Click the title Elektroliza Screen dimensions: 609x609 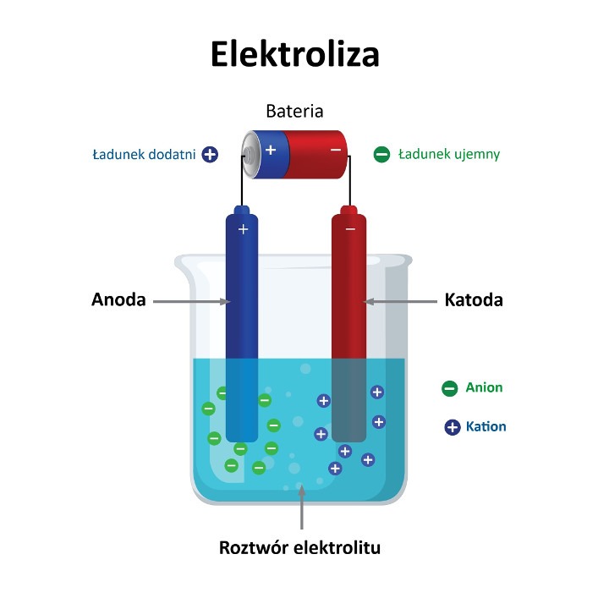coord(294,53)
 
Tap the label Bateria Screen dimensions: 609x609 coord(294,111)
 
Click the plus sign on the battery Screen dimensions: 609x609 coord(271,150)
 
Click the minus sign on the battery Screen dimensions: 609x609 coord(336,150)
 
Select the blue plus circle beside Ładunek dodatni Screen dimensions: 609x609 coord(210,155)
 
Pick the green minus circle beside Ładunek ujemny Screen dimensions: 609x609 coord(381,155)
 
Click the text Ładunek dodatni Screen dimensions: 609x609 coord(144,155)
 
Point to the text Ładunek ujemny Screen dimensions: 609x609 coord(448,155)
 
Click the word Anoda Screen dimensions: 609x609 coord(118,300)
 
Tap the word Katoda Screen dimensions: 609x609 coord(474,300)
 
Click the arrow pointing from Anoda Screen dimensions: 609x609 coord(190,300)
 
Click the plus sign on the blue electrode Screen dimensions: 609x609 coord(243,229)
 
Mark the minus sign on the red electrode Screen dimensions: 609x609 coord(350,229)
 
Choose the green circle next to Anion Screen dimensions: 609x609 coord(449,388)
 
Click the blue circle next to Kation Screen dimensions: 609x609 coord(453,427)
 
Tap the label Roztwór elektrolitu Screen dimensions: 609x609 coord(300,547)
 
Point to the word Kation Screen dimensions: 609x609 coord(486,426)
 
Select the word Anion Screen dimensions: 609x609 coord(484,387)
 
